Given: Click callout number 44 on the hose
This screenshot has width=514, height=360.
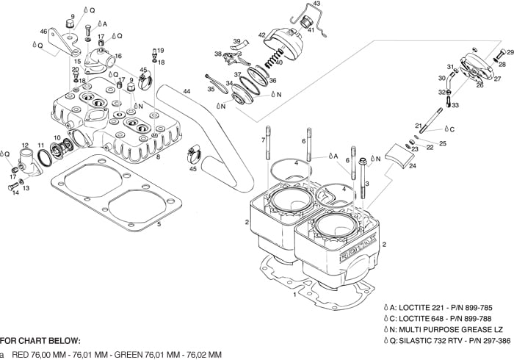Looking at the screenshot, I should coord(187,92).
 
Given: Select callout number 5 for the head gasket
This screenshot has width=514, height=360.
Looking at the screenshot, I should coord(159,223).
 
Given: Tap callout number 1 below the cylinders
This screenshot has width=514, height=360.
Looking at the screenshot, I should coord(294,295).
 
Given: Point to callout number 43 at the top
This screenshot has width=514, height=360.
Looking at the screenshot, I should coord(316,4).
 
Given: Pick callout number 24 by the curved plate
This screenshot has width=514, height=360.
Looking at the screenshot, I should coord(412,167).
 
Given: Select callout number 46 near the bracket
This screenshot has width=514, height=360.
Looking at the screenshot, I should coord(43,32).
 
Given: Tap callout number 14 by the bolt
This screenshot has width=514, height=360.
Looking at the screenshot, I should coord(16,192).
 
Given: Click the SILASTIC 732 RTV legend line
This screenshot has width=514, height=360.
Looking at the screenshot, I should coord(447,341).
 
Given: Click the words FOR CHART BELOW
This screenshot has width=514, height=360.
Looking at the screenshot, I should coord(40,341).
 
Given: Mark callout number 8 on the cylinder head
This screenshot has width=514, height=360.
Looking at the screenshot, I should coord(159,157).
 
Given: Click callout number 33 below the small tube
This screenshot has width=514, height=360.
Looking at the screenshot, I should coord(455,105).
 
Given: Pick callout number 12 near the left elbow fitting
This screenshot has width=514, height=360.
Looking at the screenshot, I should coord(24,145).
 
